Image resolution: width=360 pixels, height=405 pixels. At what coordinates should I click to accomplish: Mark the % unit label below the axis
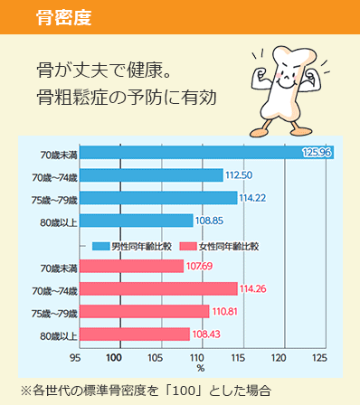click(200, 369)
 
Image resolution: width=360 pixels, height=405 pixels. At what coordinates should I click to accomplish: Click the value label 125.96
click(317, 152)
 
